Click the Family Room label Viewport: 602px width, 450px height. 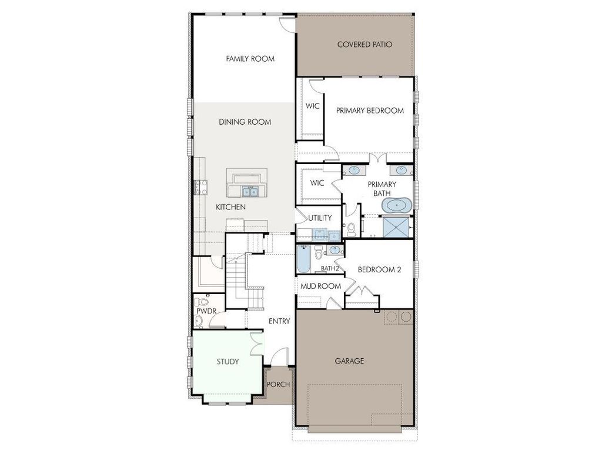pos(250,59)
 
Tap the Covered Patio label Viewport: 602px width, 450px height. pos(364,45)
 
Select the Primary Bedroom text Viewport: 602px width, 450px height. pos(370,111)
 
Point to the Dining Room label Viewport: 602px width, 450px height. pos(245,122)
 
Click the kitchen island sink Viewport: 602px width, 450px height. pos(249,191)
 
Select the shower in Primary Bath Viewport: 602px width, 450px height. pos(397,226)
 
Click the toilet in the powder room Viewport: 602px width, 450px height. pos(198,319)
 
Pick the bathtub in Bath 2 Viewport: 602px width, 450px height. pos(303,259)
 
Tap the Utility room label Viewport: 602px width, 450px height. pos(320,218)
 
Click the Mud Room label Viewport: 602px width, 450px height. pos(321,286)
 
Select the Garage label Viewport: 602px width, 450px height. pos(349,361)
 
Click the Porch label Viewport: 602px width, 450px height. pos(279,385)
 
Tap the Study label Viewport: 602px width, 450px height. pos(228,362)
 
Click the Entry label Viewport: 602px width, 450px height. pos(279,321)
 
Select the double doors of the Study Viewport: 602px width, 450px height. pos(255,344)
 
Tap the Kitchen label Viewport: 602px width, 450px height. pos(230,208)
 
